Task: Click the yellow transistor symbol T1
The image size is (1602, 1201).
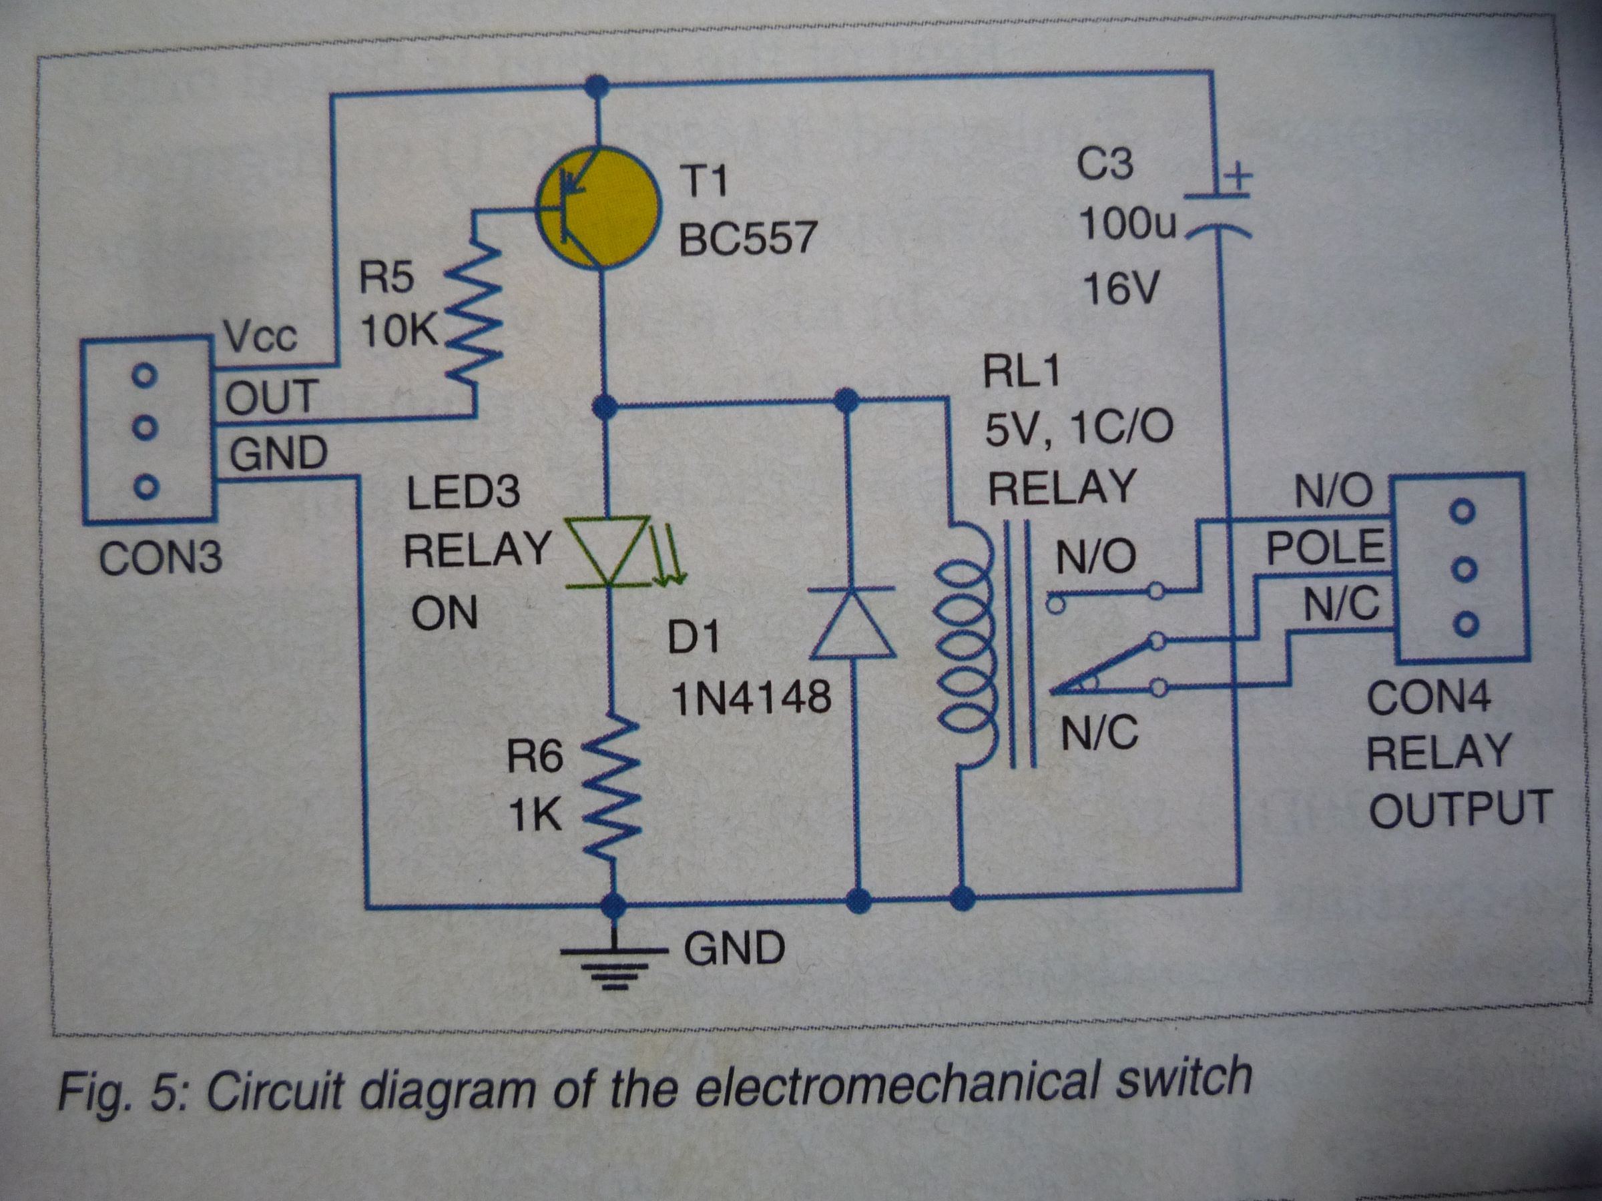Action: tap(599, 208)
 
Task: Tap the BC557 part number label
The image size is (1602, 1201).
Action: tap(747, 237)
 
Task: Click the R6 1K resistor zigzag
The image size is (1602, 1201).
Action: tap(612, 789)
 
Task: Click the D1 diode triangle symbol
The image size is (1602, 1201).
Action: tap(852, 624)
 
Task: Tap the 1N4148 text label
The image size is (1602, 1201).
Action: tap(752, 699)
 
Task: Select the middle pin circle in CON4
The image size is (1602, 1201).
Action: tap(1464, 570)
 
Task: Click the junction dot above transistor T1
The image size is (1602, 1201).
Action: tap(597, 86)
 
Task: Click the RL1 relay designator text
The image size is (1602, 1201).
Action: tap(1021, 372)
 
